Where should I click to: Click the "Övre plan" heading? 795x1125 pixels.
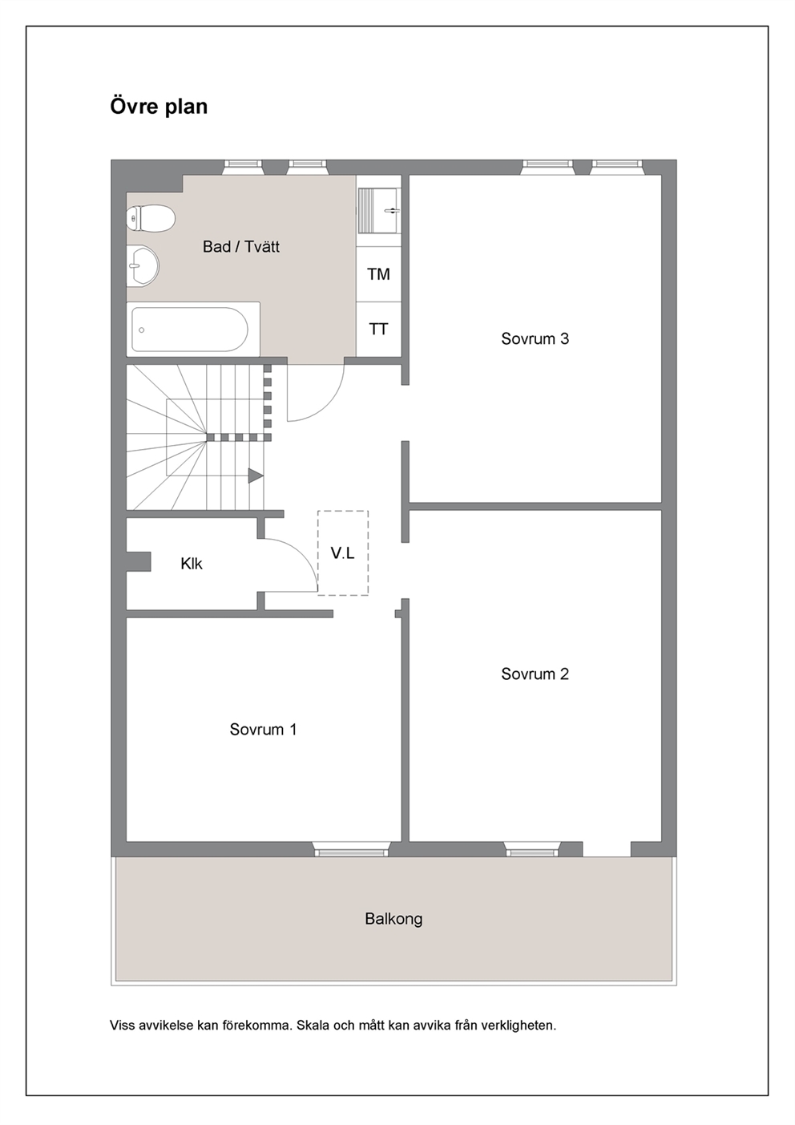pos(159,107)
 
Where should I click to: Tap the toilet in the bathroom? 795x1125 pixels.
pos(151,218)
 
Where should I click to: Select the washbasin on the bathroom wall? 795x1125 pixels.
pos(143,266)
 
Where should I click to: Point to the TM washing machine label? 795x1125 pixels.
pos(378,274)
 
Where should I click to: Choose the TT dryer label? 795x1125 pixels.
pos(378,330)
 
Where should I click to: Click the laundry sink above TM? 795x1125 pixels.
pos(379,211)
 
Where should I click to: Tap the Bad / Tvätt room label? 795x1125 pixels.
pos(241,247)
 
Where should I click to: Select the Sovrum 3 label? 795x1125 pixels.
pos(535,338)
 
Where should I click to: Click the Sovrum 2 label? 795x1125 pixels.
pos(535,674)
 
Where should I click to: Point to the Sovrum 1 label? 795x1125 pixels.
pos(263,729)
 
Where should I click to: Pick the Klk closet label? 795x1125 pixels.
pos(192,564)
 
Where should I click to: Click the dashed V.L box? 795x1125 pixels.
pos(343,553)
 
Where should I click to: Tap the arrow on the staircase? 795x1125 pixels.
pos(256,475)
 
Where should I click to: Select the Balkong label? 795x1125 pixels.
pos(393,919)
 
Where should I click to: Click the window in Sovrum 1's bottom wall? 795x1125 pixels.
pos(351,849)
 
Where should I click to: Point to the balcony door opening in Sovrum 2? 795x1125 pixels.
pos(607,849)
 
